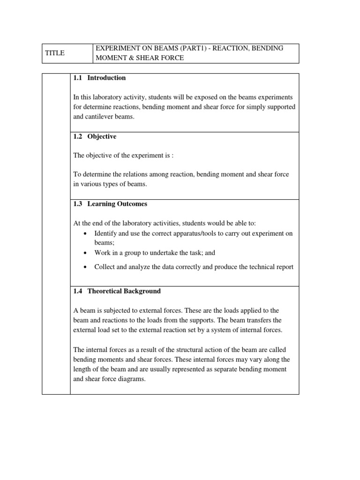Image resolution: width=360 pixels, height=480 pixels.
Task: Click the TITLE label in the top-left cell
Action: [55, 53]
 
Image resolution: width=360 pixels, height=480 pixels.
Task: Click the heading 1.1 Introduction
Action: [99, 78]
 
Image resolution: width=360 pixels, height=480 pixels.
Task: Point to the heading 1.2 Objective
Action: [95, 136]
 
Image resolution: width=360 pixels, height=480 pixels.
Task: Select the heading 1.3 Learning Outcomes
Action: [110, 204]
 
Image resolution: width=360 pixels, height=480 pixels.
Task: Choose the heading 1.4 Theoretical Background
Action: [117, 291]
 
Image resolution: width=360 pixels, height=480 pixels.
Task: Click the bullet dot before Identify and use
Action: [84, 233]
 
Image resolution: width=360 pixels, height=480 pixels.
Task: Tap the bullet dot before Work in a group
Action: [84, 253]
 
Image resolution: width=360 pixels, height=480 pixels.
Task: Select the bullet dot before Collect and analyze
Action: [84, 267]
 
